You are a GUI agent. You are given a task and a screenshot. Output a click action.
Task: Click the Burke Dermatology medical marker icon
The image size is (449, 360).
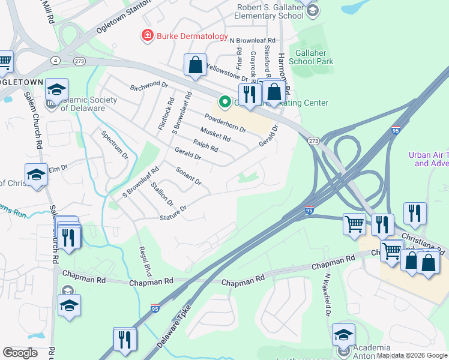(x=146, y=36)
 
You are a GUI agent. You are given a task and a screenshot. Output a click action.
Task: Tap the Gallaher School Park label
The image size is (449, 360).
(x=311, y=57)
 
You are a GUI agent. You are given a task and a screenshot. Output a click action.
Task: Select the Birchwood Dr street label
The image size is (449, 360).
(x=149, y=86)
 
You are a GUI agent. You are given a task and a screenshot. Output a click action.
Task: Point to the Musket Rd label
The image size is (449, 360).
(x=215, y=134)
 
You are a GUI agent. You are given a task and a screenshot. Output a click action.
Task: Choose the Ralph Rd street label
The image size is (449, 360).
(x=205, y=146)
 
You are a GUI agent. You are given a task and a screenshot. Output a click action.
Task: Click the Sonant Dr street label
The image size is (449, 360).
(x=188, y=175)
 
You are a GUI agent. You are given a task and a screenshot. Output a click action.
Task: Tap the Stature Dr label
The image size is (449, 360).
(x=173, y=212)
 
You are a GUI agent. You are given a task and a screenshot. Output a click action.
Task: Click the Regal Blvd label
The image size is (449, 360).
(x=143, y=259)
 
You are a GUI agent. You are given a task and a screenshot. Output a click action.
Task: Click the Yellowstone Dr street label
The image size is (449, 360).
(x=227, y=72)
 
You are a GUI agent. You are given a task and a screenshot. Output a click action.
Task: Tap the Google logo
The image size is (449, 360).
(x=20, y=352)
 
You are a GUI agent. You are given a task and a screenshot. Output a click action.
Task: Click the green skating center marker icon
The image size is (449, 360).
(x=225, y=103)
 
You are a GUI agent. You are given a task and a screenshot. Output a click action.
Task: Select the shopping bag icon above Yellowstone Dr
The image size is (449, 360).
(x=196, y=67)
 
